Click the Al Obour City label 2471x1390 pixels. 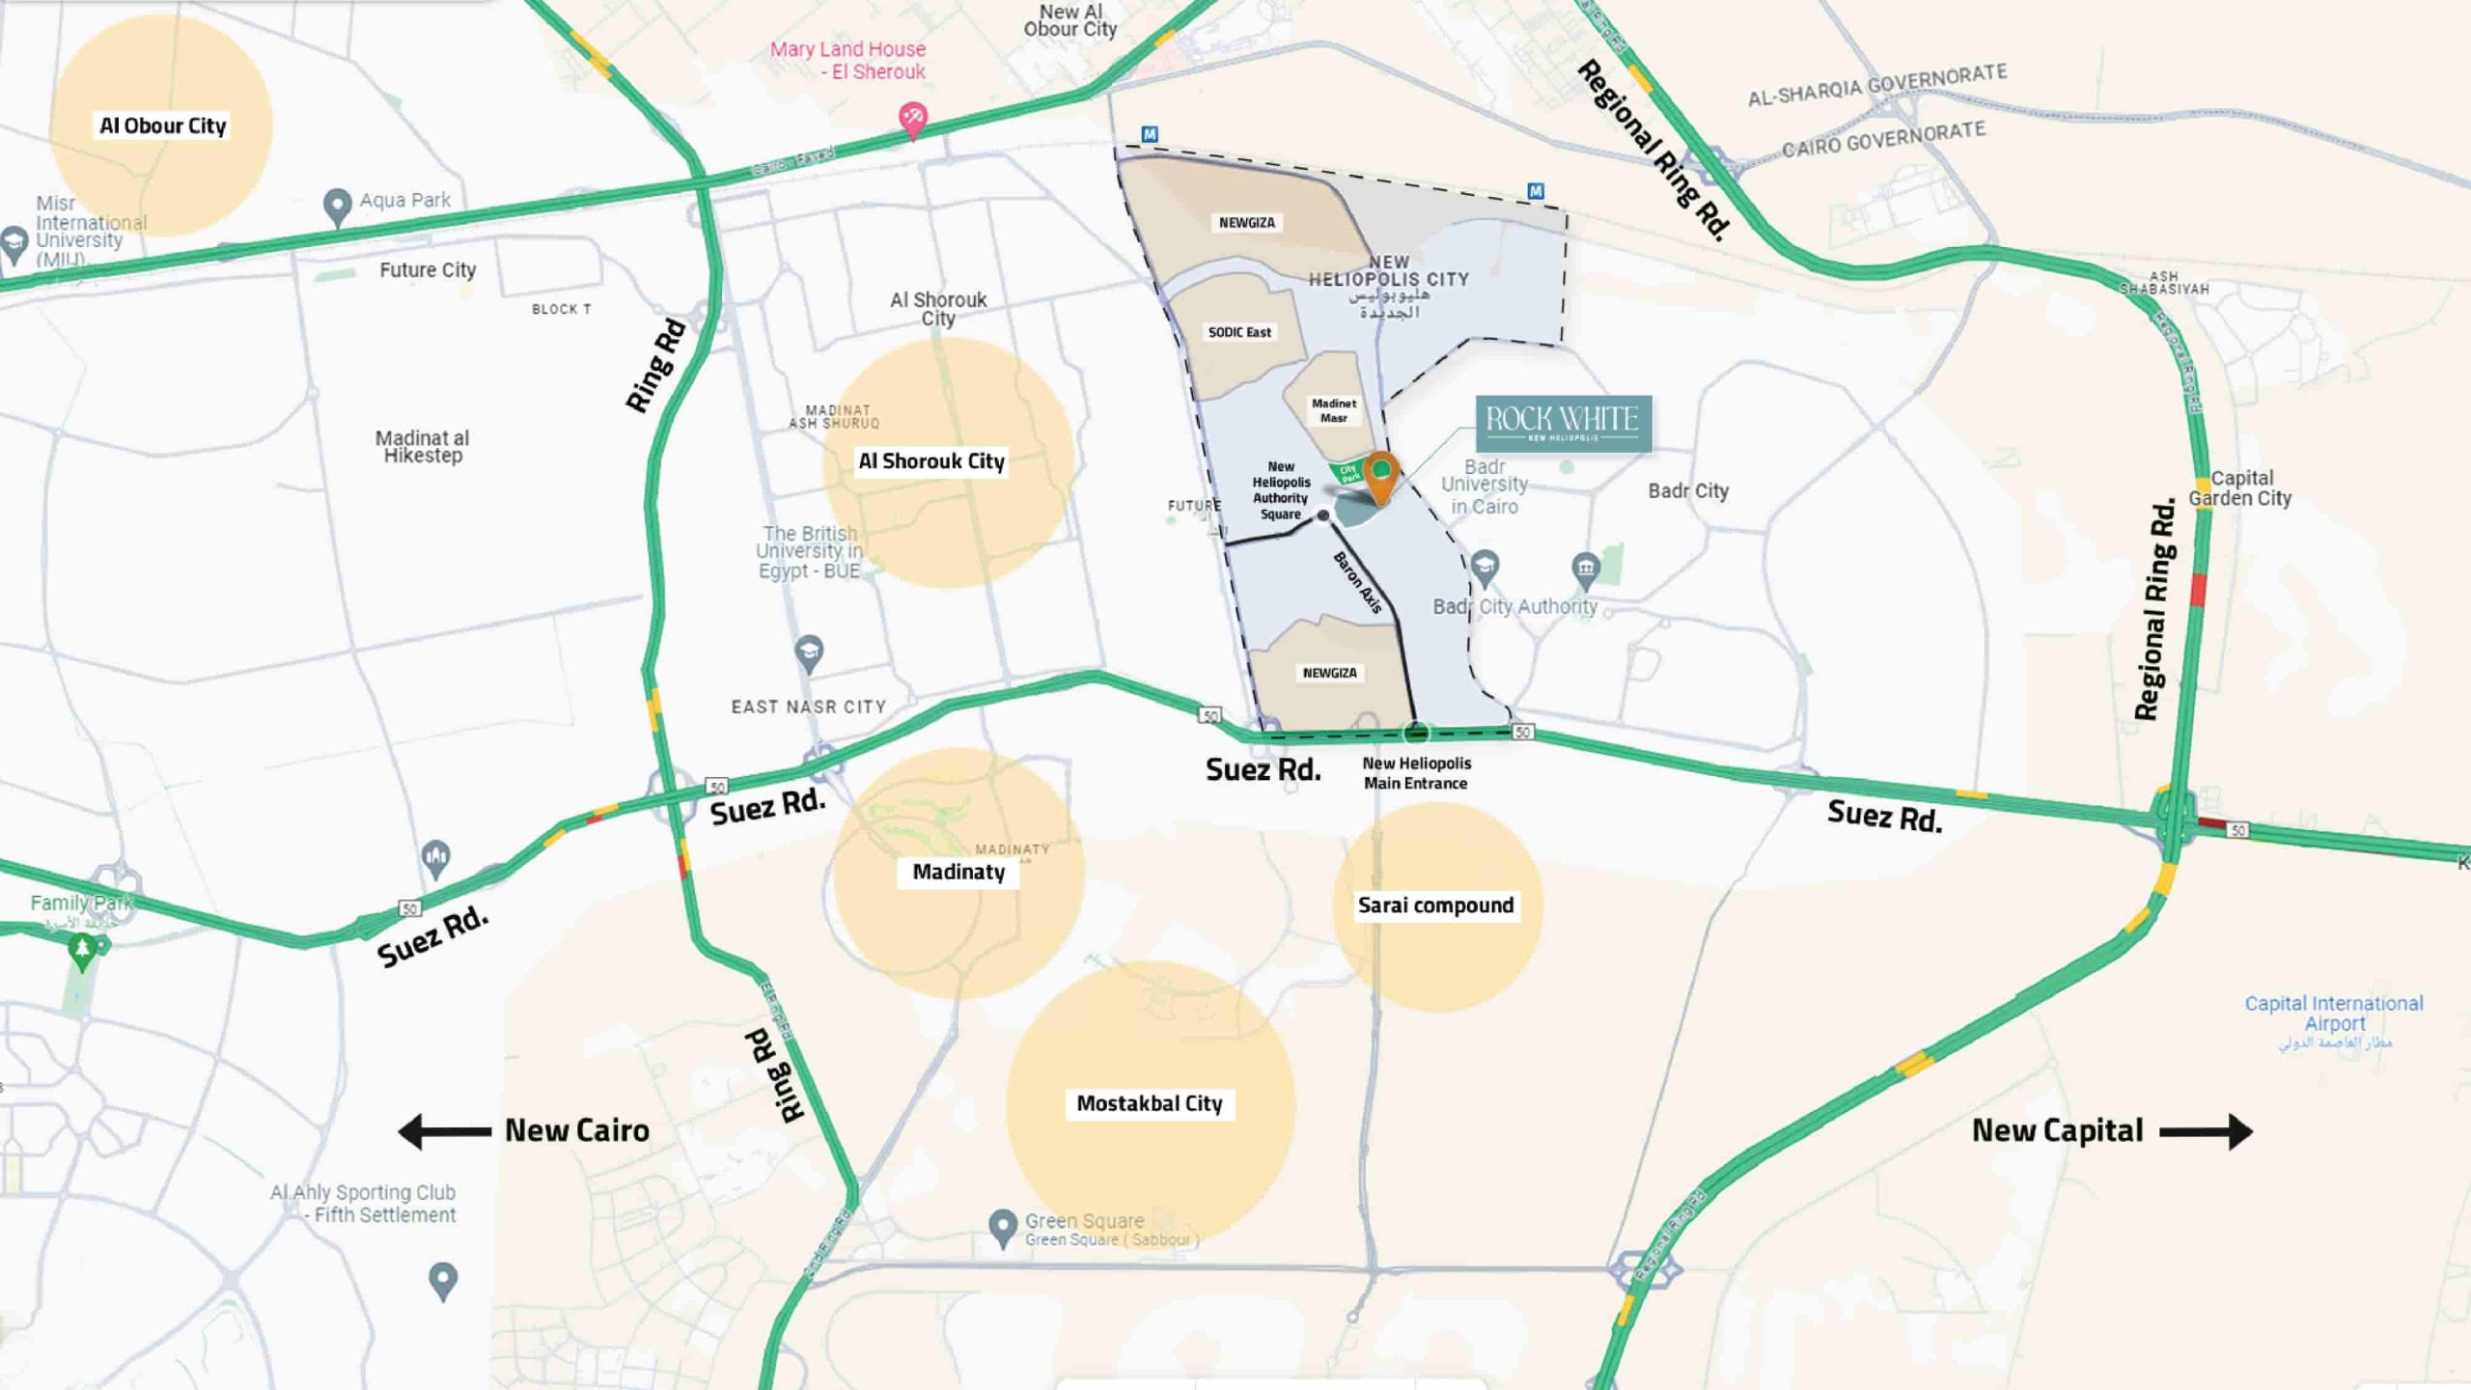coord(162,125)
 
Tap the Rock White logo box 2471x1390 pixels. coord(1563,423)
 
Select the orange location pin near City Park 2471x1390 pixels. coord(1381,475)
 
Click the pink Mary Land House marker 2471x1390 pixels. coord(912,119)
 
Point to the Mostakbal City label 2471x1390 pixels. coord(1149,1103)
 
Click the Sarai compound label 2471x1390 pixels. coord(1435,905)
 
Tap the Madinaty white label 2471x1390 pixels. coord(958,872)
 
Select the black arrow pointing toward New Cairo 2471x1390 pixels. coord(444,1131)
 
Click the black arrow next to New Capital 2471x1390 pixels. coord(2207,1131)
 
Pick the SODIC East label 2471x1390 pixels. coord(1239,332)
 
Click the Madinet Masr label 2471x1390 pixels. coord(1333,410)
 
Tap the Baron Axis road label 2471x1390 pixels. coord(1357,582)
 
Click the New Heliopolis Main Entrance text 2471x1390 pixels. coord(1416,773)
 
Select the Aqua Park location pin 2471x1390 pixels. coord(336,206)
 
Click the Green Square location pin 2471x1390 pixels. coord(1003,1227)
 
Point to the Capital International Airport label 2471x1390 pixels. coord(2333,1014)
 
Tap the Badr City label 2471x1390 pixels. coord(1687,490)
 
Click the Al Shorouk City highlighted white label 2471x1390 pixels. coord(931,461)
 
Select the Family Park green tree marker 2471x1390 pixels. coord(83,952)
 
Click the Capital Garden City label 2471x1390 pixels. coord(2239,488)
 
